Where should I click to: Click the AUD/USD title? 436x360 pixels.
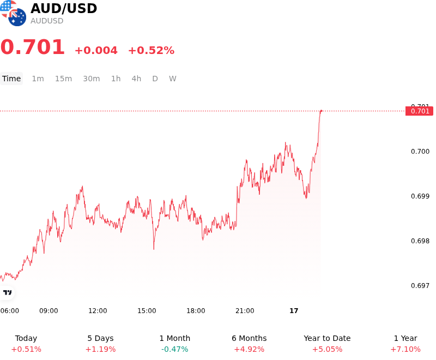pyautogui.click(x=64, y=8)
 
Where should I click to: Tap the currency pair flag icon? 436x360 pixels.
pyautogui.click(x=13, y=13)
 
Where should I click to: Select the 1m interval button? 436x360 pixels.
pyautogui.click(x=38, y=79)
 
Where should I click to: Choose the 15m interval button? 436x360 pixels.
pyautogui.click(x=63, y=79)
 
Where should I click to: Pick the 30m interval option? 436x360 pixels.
pyautogui.click(x=92, y=79)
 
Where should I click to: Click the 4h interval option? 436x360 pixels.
pyautogui.click(x=136, y=79)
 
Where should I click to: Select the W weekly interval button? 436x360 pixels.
pyautogui.click(x=173, y=79)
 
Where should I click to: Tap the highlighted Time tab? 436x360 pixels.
pyautogui.click(x=11, y=79)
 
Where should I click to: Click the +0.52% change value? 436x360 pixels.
pyautogui.click(x=152, y=50)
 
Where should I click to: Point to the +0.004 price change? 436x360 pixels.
pyautogui.click(x=96, y=50)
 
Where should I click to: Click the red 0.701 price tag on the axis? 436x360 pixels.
pyautogui.click(x=419, y=111)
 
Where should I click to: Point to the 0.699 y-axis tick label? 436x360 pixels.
pyautogui.click(x=420, y=196)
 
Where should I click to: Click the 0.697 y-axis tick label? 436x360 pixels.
pyautogui.click(x=420, y=285)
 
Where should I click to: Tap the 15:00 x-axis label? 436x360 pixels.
pyautogui.click(x=147, y=311)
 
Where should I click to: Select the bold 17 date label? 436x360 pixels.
pyautogui.click(x=294, y=311)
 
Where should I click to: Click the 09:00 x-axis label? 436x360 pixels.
pyautogui.click(x=49, y=311)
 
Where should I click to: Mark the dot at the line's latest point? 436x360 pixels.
pyautogui.click(x=321, y=111)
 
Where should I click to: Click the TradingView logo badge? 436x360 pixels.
pyautogui.click(x=7, y=292)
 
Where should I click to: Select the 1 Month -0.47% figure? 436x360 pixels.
pyautogui.click(x=174, y=349)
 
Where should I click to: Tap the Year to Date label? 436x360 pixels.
pyautogui.click(x=328, y=338)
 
